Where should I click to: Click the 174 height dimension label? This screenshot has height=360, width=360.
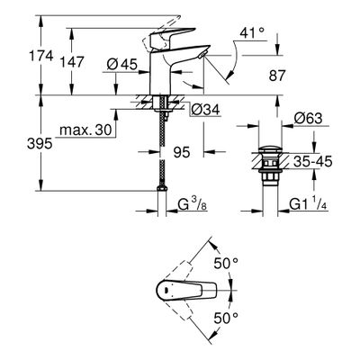(41, 56)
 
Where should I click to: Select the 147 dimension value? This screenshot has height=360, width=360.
(72, 62)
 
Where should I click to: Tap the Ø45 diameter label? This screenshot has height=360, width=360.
(122, 64)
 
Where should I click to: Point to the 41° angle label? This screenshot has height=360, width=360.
(252, 32)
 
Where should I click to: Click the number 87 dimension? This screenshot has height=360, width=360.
(276, 76)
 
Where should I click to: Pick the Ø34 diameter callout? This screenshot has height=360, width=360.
(205, 110)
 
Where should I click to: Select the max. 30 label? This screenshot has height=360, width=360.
(86, 130)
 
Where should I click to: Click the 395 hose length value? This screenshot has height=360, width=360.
(40, 144)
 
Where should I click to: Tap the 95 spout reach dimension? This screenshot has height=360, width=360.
(182, 152)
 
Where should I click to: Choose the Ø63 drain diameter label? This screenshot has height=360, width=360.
(308, 119)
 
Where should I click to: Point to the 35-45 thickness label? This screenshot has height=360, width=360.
(313, 162)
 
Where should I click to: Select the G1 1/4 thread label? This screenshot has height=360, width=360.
(309, 205)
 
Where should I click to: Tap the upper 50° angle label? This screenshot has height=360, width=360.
(226, 264)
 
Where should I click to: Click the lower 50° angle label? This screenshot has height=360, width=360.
(226, 318)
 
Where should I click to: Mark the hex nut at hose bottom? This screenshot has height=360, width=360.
(162, 188)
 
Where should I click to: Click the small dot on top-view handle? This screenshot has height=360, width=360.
(166, 290)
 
